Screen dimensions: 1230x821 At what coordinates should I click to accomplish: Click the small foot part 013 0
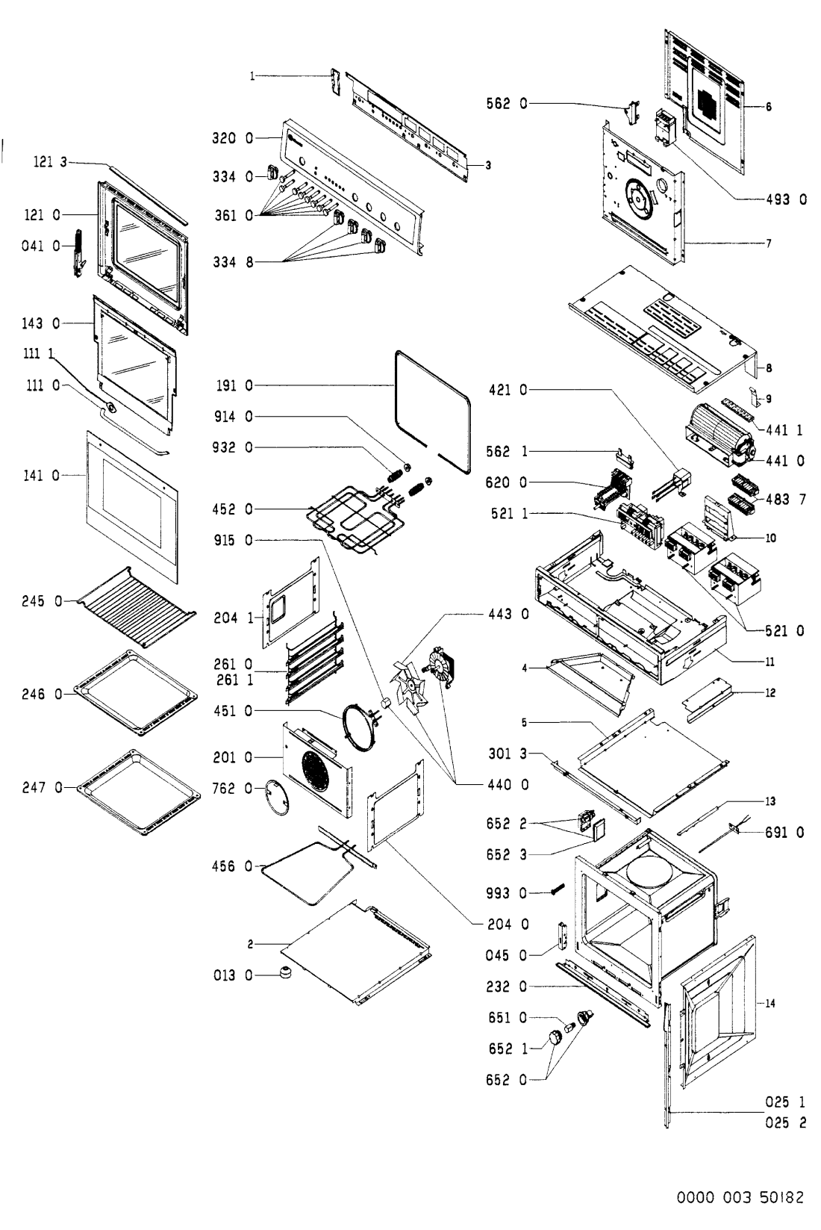284,972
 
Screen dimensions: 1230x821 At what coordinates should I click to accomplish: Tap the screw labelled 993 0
555,891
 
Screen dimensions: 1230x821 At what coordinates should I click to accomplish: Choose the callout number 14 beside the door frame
771,1004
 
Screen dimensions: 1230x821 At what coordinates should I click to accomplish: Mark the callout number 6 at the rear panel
768,108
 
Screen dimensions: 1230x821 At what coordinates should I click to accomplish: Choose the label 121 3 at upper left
50,161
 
